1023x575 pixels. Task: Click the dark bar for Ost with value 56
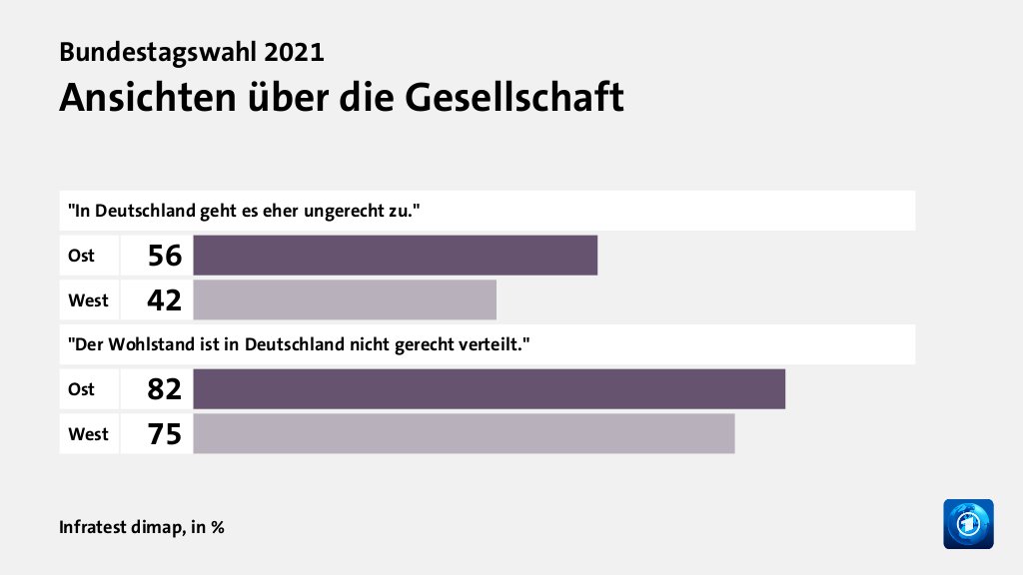point(395,256)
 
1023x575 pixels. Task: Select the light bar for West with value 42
point(345,299)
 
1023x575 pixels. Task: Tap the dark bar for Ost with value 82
point(489,388)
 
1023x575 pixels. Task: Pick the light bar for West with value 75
point(464,433)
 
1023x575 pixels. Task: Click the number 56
point(164,257)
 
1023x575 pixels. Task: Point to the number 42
point(164,300)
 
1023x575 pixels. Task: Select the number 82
point(164,389)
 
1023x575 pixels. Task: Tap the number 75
point(164,434)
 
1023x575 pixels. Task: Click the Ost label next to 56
point(81,256)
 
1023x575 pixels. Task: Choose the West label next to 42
point(88,299)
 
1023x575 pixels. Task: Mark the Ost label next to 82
point(81,389)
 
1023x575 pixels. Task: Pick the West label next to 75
point(88,434)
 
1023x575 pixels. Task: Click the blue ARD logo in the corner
point(968,523)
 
